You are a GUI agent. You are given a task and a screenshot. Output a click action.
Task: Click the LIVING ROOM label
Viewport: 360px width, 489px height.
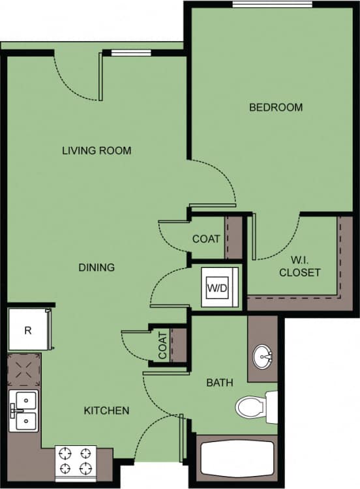point(97,151)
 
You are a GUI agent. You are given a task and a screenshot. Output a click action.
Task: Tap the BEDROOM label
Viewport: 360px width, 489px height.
point(276,107)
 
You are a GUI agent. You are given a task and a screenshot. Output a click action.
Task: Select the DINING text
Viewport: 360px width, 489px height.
point(97,267)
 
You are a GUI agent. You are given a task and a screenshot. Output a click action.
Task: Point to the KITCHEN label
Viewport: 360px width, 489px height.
point(106,411)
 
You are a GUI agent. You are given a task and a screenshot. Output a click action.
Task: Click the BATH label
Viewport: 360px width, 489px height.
point(220,383)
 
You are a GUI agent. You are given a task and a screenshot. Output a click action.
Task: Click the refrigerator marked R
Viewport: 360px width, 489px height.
point(27,330)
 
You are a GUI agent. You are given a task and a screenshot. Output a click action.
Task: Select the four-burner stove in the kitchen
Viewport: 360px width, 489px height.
point(75,461)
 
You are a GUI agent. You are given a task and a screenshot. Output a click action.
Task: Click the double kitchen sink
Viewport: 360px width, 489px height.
point(24,411)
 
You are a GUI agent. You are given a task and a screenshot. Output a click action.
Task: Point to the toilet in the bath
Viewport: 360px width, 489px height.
point(254,407)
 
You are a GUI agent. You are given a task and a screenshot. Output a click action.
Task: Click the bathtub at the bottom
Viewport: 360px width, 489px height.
point(236,460)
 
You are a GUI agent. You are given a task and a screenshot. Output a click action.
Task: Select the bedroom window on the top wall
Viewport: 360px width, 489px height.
point(272,5)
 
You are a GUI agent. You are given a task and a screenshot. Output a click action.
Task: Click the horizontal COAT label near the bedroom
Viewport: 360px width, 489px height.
point(206,239)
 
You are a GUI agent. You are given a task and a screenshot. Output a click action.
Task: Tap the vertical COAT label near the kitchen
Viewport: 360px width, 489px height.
point(162,346)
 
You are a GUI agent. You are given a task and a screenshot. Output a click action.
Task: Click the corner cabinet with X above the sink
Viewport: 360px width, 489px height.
point(24,371)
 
